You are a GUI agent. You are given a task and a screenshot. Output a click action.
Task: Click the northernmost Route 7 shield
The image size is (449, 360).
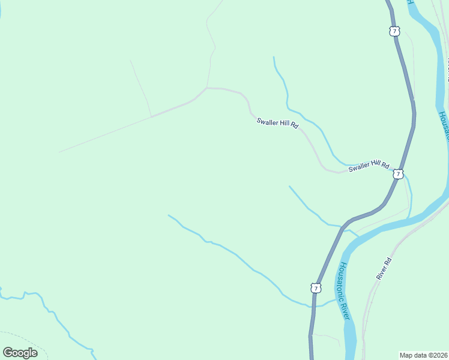pos(394,31)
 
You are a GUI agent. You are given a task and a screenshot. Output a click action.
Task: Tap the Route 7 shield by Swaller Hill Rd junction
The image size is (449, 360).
pos(398,174)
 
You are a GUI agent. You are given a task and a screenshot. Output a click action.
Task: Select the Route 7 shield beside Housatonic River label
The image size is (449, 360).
pos(316,288)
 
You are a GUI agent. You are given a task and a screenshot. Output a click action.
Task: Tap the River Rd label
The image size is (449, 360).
pos(384,268)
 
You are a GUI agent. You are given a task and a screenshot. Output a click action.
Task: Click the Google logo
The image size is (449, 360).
pos(20,352)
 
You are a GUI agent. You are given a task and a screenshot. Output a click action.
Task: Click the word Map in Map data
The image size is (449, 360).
pos(406,355)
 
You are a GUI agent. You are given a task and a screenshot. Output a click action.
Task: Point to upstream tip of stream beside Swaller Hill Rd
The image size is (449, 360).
pos(274,58)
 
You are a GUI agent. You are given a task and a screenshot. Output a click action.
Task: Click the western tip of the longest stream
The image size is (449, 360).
pos(169,215)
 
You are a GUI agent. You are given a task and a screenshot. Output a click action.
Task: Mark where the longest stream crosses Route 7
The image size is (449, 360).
pos(312,306)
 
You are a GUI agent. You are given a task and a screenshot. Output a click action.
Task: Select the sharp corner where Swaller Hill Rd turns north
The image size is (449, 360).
pos(207,88)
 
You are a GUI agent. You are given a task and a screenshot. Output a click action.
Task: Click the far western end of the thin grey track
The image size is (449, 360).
pos(59,152)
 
